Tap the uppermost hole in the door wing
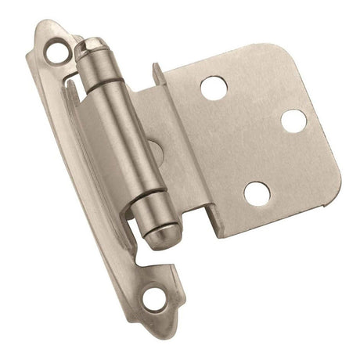click(213, 88)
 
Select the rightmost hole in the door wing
click(293, 121)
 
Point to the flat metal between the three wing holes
click(250, 133)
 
